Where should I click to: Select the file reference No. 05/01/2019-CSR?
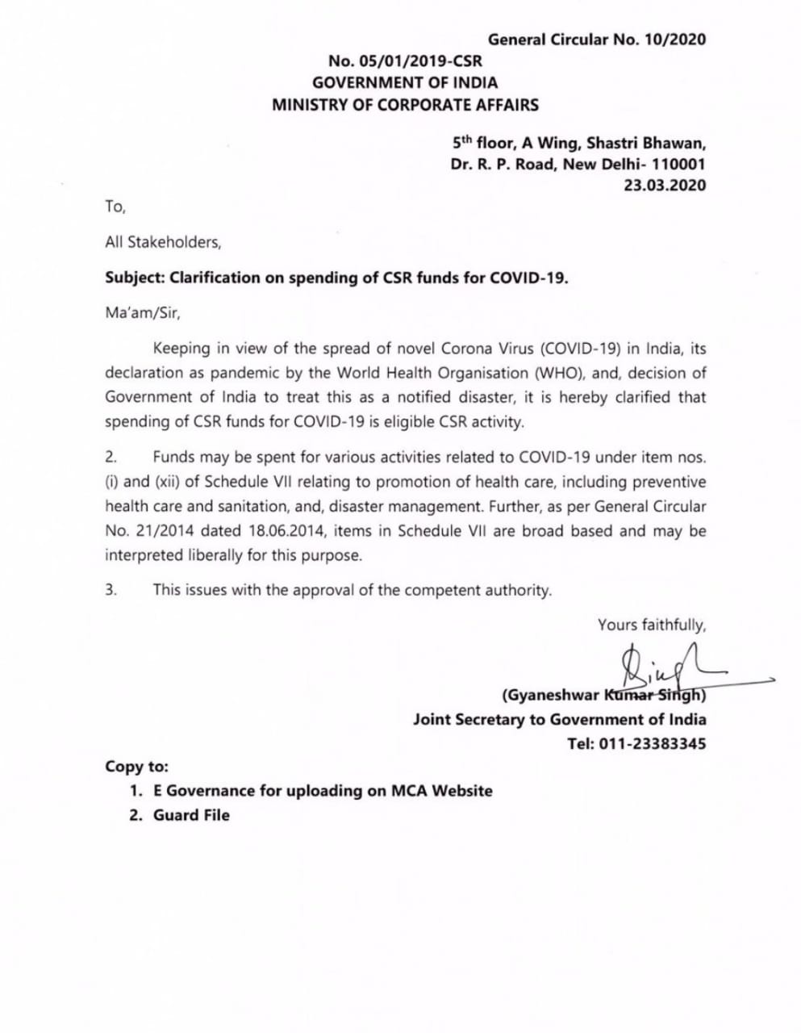[x=405, y=61]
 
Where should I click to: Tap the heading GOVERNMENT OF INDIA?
[x=405, y=82]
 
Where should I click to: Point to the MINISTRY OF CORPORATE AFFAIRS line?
[x=405, y=104]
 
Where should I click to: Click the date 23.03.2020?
[x=665, y=185]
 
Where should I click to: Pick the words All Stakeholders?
[x=162, y=241]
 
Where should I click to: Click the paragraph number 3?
[x=111, y=590]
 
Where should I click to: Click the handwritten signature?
[x=653, y=666]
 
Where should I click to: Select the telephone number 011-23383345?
[x=652, y=743]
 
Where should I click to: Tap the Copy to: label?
[x=136, y=767]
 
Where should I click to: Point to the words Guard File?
[x=191, y=815]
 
